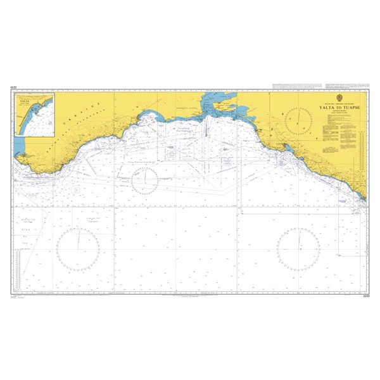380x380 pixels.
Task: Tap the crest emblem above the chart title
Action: pyautogui.click(x=338, y=97)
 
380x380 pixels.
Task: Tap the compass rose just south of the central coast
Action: pyautogui.click(x=145, y=182)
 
